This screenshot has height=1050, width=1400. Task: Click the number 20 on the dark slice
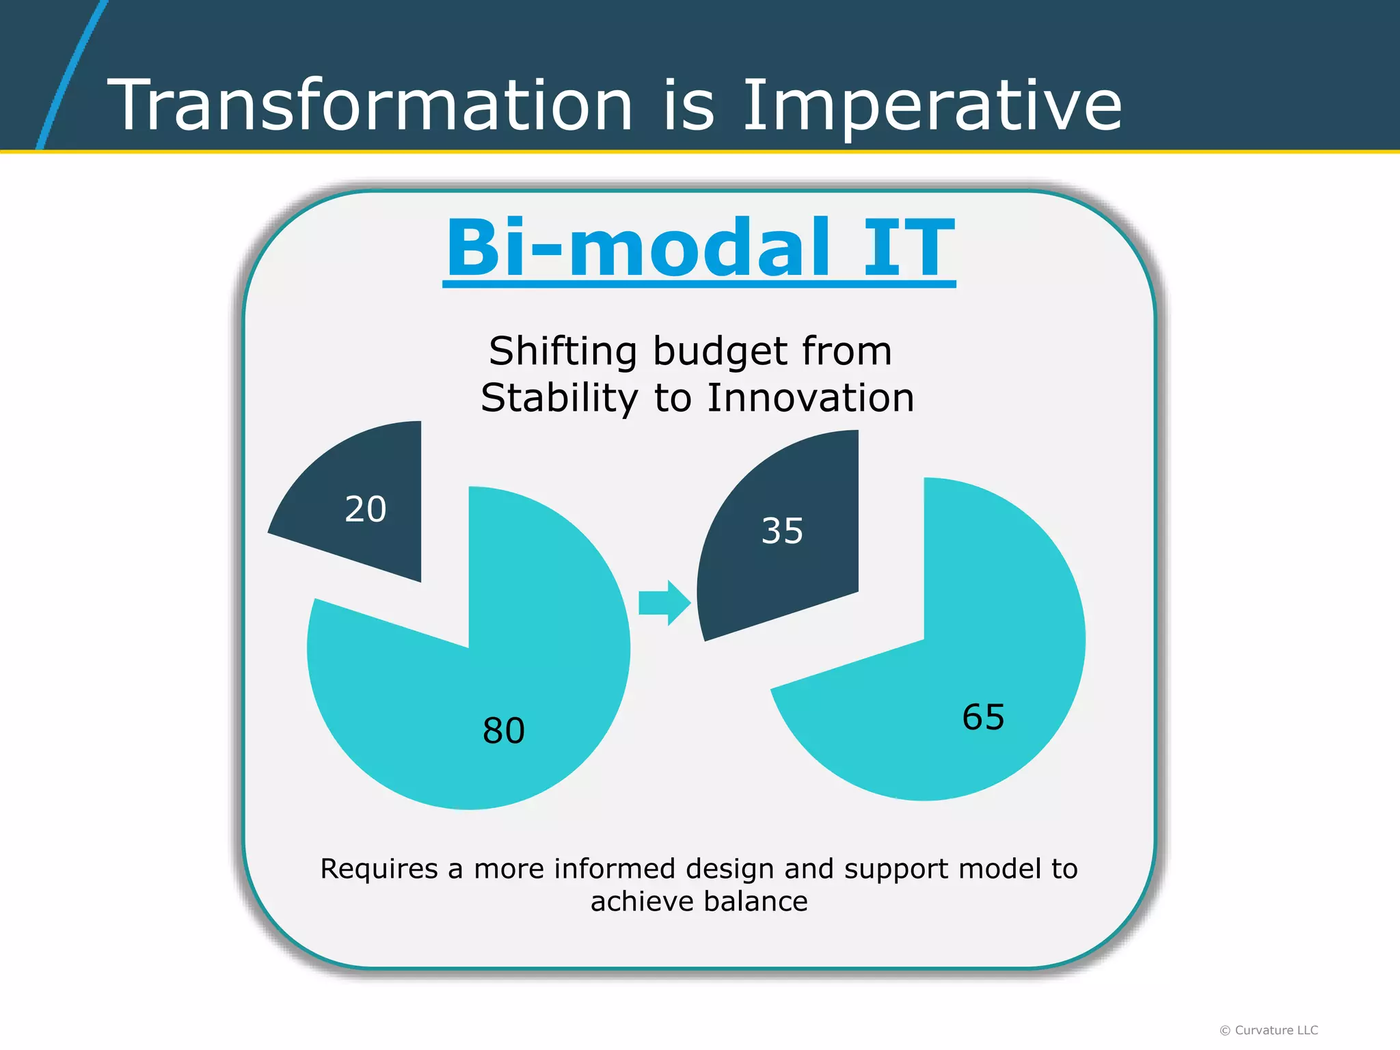point(365,509)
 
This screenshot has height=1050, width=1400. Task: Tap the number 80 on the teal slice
point(504,731)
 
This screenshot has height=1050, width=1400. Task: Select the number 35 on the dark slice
point(782,530)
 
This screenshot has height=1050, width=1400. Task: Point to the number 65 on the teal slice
point(983,718)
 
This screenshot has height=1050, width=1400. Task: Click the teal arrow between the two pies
point(664,603)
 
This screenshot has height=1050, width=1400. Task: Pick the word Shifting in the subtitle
point(563,352)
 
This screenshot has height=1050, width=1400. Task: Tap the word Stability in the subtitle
point(559,398)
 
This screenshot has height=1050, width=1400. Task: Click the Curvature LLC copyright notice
point(1269,1030)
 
